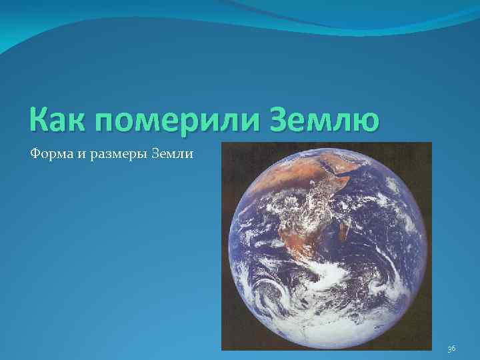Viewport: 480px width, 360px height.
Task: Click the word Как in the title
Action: click(57, 121)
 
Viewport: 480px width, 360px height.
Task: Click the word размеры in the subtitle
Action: click(115, 154)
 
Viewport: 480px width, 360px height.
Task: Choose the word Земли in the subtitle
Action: click(173, 154)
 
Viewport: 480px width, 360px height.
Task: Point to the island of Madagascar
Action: click(345, 231)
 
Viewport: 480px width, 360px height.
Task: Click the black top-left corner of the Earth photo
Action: click(230, 150)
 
